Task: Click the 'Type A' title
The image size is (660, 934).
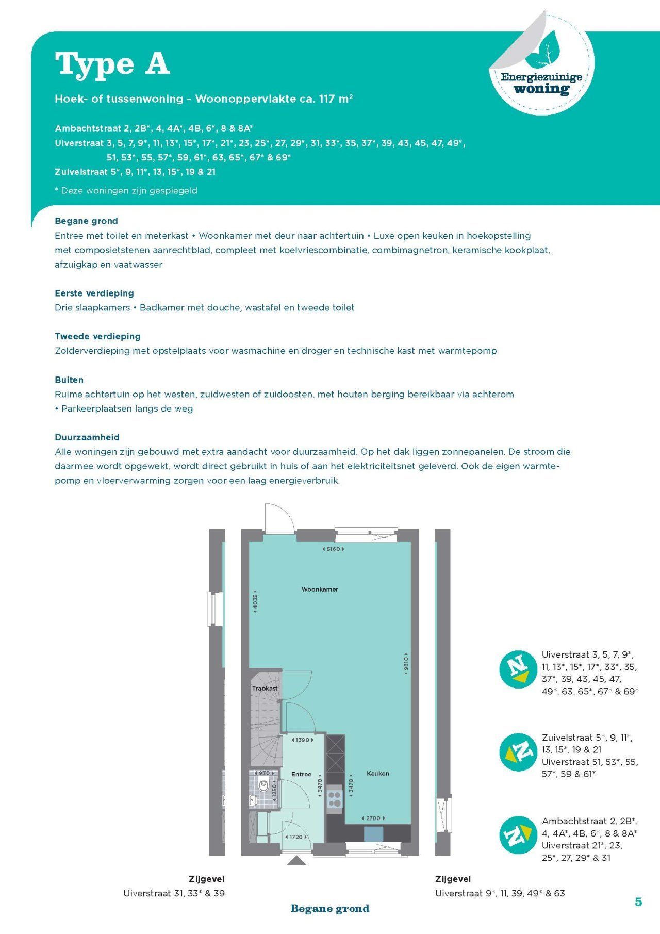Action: (x=112, y=64)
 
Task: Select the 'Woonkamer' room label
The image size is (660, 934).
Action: (x=320, y=589)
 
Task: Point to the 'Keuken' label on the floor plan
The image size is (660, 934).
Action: (x=378, y=773)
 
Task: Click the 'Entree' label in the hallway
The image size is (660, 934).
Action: (x=301, y=774)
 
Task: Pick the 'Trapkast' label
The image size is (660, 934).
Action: (x=265, y=689)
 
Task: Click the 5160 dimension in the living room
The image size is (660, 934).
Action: (x=334, y=549)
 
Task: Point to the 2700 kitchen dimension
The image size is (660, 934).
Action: (x=373, y=818)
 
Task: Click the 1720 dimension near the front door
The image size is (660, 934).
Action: (x=296, y=837)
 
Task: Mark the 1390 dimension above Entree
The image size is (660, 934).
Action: (x=302, y=740)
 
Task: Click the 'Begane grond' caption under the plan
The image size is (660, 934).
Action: (x=330, y=908)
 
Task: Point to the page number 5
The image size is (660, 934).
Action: (x=638, y=902)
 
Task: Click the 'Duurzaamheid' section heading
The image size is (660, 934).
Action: (x=87, y=437)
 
